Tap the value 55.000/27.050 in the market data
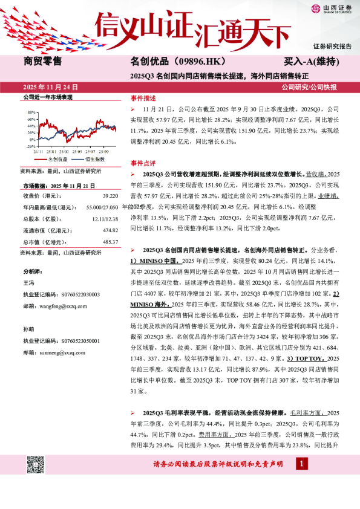point(102,207)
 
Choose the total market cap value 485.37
point(110,241)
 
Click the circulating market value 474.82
point(110,230)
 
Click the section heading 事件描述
point(143,99)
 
